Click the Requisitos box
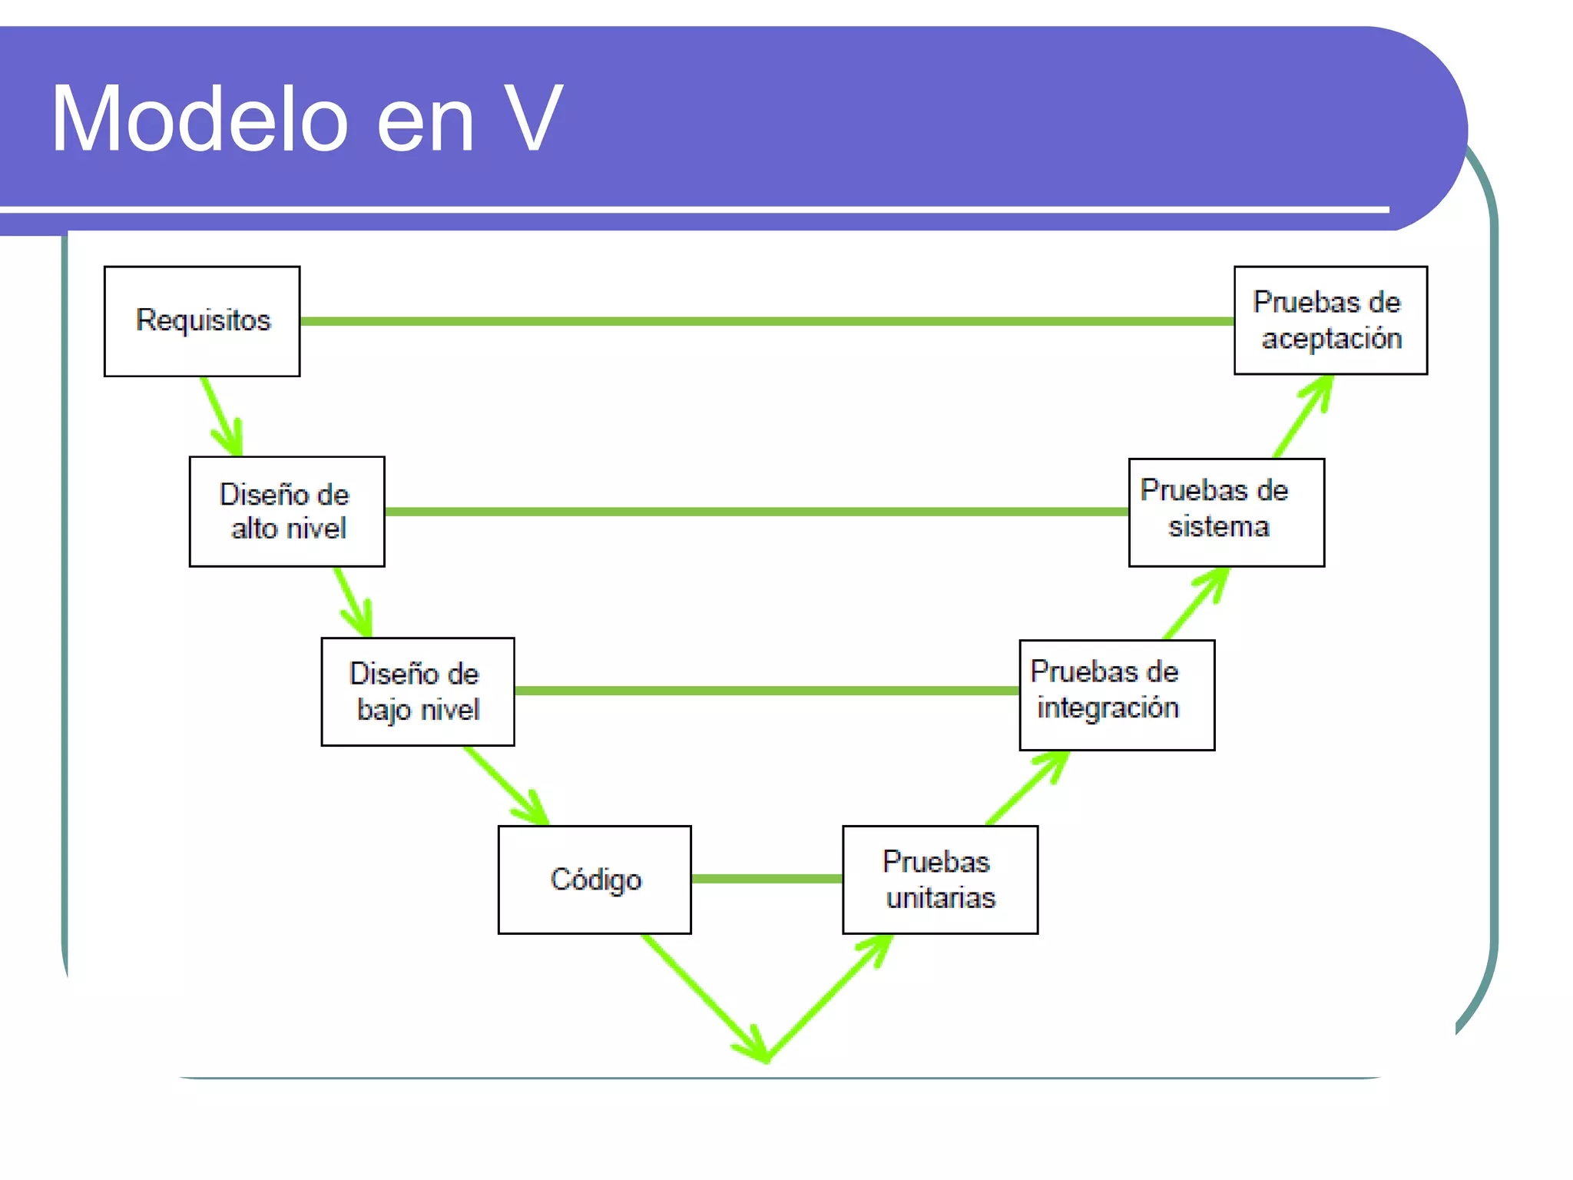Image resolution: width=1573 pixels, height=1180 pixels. tap(202, 321)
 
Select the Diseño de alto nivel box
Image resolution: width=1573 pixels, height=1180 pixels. tap(286, 512)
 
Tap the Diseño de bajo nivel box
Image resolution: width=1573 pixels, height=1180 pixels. tap(418, 691)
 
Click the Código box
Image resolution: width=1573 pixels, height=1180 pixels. tap(594, 880)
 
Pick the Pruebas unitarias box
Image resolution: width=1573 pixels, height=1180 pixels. tap(940, 880)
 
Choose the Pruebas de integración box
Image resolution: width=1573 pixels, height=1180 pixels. tap(1117, 694)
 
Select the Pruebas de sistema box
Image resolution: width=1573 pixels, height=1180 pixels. tap(1226, 512)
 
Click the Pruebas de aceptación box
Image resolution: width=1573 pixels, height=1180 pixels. tap(1330, 320)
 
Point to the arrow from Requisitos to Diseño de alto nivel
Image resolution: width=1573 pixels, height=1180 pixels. tap(222, 417)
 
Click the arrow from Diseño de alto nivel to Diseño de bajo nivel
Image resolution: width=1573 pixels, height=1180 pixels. tap(353, 602)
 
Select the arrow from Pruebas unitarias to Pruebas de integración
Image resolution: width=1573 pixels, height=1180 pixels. tap(1028, 787)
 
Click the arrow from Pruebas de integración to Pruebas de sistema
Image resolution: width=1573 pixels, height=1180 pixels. tap(1196, 604)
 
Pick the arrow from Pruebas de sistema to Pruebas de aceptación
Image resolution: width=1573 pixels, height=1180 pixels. tap(1303, 416)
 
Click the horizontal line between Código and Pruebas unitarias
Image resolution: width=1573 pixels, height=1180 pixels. tap(767, 879)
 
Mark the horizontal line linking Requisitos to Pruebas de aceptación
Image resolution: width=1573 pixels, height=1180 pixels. tap(767, 321)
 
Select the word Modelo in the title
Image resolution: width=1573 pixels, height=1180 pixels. tap(200, 119)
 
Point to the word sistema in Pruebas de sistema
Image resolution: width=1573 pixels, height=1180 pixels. tap(1219, 527)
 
